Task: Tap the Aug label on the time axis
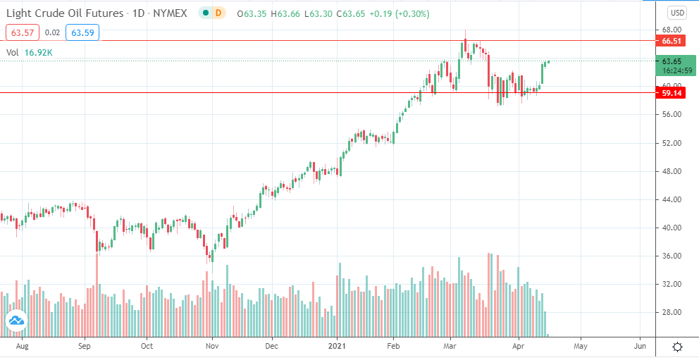tap(23, 347)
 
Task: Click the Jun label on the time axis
tap(640, 347)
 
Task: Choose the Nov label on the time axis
tap(213, 347)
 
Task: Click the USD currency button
tap(677, 13)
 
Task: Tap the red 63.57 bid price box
tap(22, 32)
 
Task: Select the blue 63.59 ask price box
tap(82, 32)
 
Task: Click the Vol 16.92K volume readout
tap(32, 52)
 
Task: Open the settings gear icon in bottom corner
tap(677, 347)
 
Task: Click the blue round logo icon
tap(16, 321)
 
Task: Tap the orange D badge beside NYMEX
tap(218, 13)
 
